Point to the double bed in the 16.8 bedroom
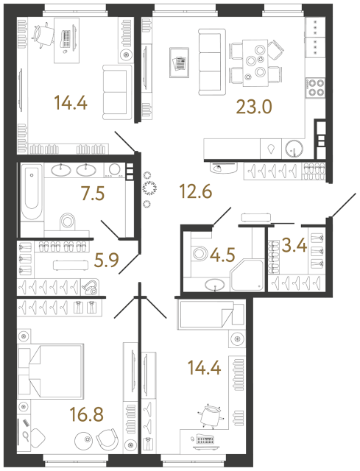click(x=44, y=366)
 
